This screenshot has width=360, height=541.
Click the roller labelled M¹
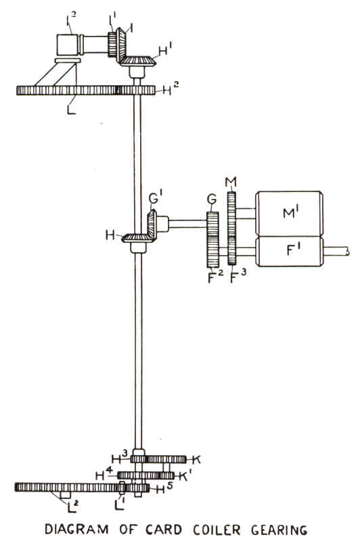(x=289, y=214)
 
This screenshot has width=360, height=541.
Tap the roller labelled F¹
(x=289, y=251)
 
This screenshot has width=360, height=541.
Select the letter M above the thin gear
(x=231, y=182)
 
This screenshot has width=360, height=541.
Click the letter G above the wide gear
(x=212, y=199)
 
